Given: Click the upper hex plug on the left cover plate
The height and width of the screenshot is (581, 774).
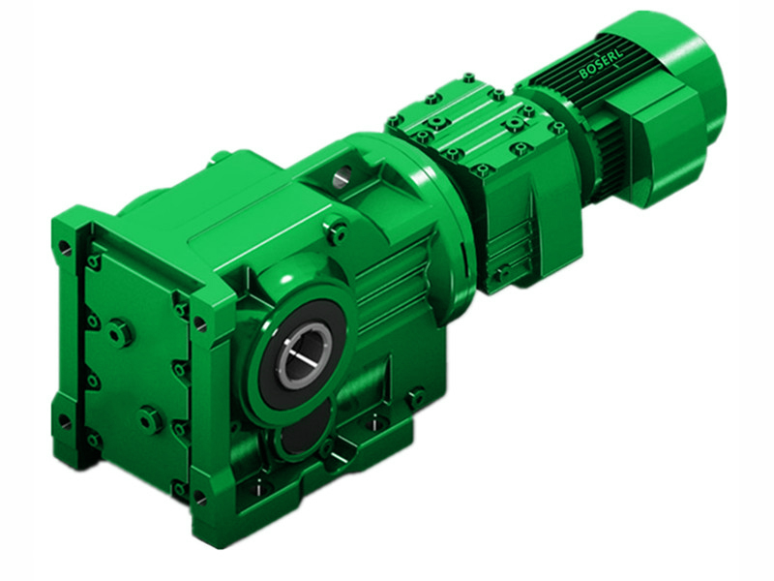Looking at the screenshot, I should pos(119,332).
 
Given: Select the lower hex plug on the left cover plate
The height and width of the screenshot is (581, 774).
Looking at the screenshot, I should pos(149,419).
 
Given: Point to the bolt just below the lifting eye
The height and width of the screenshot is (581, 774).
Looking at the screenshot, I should pos(338,231).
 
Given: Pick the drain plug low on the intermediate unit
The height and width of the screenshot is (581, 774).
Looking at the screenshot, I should pos(499,274).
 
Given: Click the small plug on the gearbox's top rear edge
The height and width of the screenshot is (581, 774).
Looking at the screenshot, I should pos(222,155).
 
